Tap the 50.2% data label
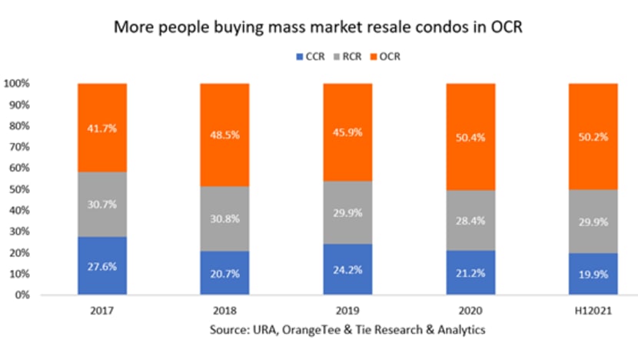pos(593,136)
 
